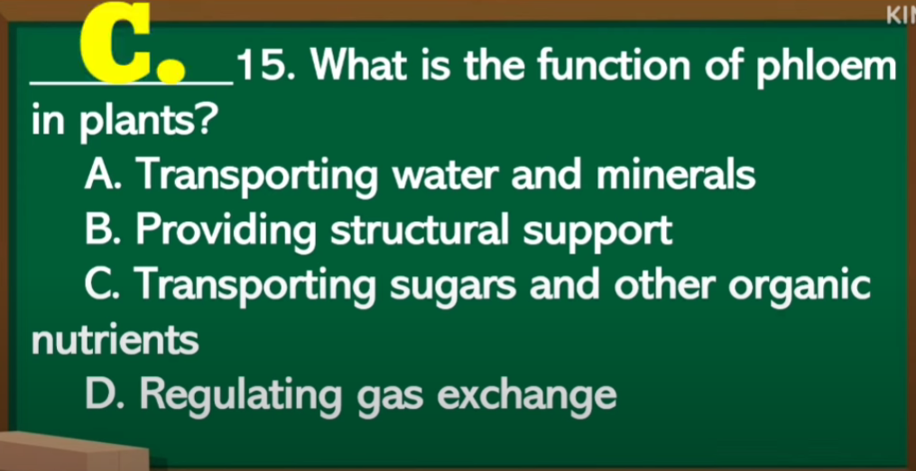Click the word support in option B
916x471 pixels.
[597, 234]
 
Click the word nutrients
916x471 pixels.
[115, 341]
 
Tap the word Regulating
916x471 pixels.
[238, 397]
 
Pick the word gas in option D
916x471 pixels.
[390, 400]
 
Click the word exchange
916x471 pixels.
[527, 397]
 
